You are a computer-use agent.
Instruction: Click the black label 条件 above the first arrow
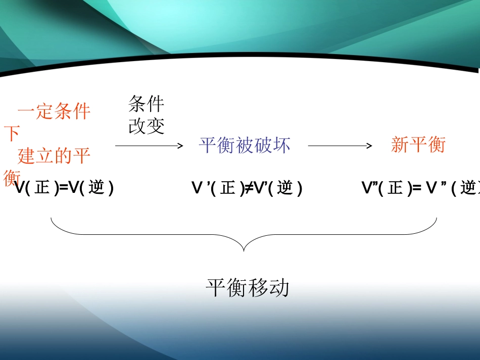pyautogui.click(x=147, y=105)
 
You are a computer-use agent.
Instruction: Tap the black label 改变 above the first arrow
pyautogui.click(x=147, y=126)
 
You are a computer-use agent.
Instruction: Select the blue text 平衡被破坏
pyautogui.click(x=245, y=145)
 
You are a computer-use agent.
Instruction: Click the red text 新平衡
pyautogui.click(x=418, y=145)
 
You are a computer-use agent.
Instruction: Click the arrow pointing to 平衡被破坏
pyautogui.click(x=149, y=146)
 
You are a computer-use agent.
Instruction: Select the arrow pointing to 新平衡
pyautogui.click(x=340, y=146)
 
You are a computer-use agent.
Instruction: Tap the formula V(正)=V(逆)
pyautogui.click(x=64, y=188)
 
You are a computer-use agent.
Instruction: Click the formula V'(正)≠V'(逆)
pyautogui.click(x=247, y=188)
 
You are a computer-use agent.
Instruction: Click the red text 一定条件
pyautogui.click(x=54, y=112)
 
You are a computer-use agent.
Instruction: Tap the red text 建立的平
pyautogui.click(x=54, y=156)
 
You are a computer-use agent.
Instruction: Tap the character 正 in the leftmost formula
pyautogui.click(x=42, y=188)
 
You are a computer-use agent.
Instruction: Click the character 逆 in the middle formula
pyautogui.click(x=285, y=188)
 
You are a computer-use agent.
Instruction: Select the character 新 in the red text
pyautogui.click(x=400, y=145)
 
